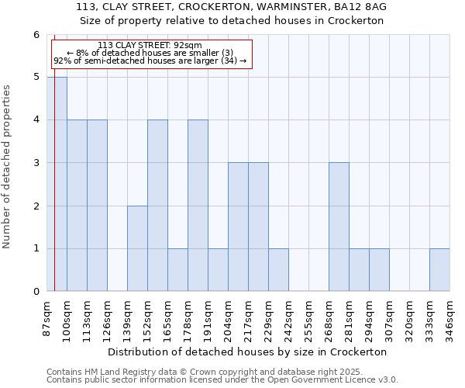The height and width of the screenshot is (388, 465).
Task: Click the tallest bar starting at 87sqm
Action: tap(57, 184)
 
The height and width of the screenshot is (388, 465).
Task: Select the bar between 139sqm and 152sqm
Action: tap(137, 248)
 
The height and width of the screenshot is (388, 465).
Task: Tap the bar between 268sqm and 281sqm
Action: tap(339, 227)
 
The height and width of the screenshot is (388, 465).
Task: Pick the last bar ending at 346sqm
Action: tap(439, 269)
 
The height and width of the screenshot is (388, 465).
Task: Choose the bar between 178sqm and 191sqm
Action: tap(198, 206)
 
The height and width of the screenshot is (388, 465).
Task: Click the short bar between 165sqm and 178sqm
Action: tap(177, 269)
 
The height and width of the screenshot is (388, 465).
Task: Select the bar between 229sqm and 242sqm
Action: tap(278, 269)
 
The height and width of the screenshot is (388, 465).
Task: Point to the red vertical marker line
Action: tap(54, 194)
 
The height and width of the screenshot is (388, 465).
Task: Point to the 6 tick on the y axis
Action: tap(36, 35)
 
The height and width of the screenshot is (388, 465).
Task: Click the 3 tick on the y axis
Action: tap(36, 163)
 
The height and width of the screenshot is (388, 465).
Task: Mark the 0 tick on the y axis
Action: tap(36, 291)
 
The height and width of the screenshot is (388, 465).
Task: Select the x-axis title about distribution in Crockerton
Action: tap(248, 352)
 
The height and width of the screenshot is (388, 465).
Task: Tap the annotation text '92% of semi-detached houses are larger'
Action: tap(150, 61)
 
